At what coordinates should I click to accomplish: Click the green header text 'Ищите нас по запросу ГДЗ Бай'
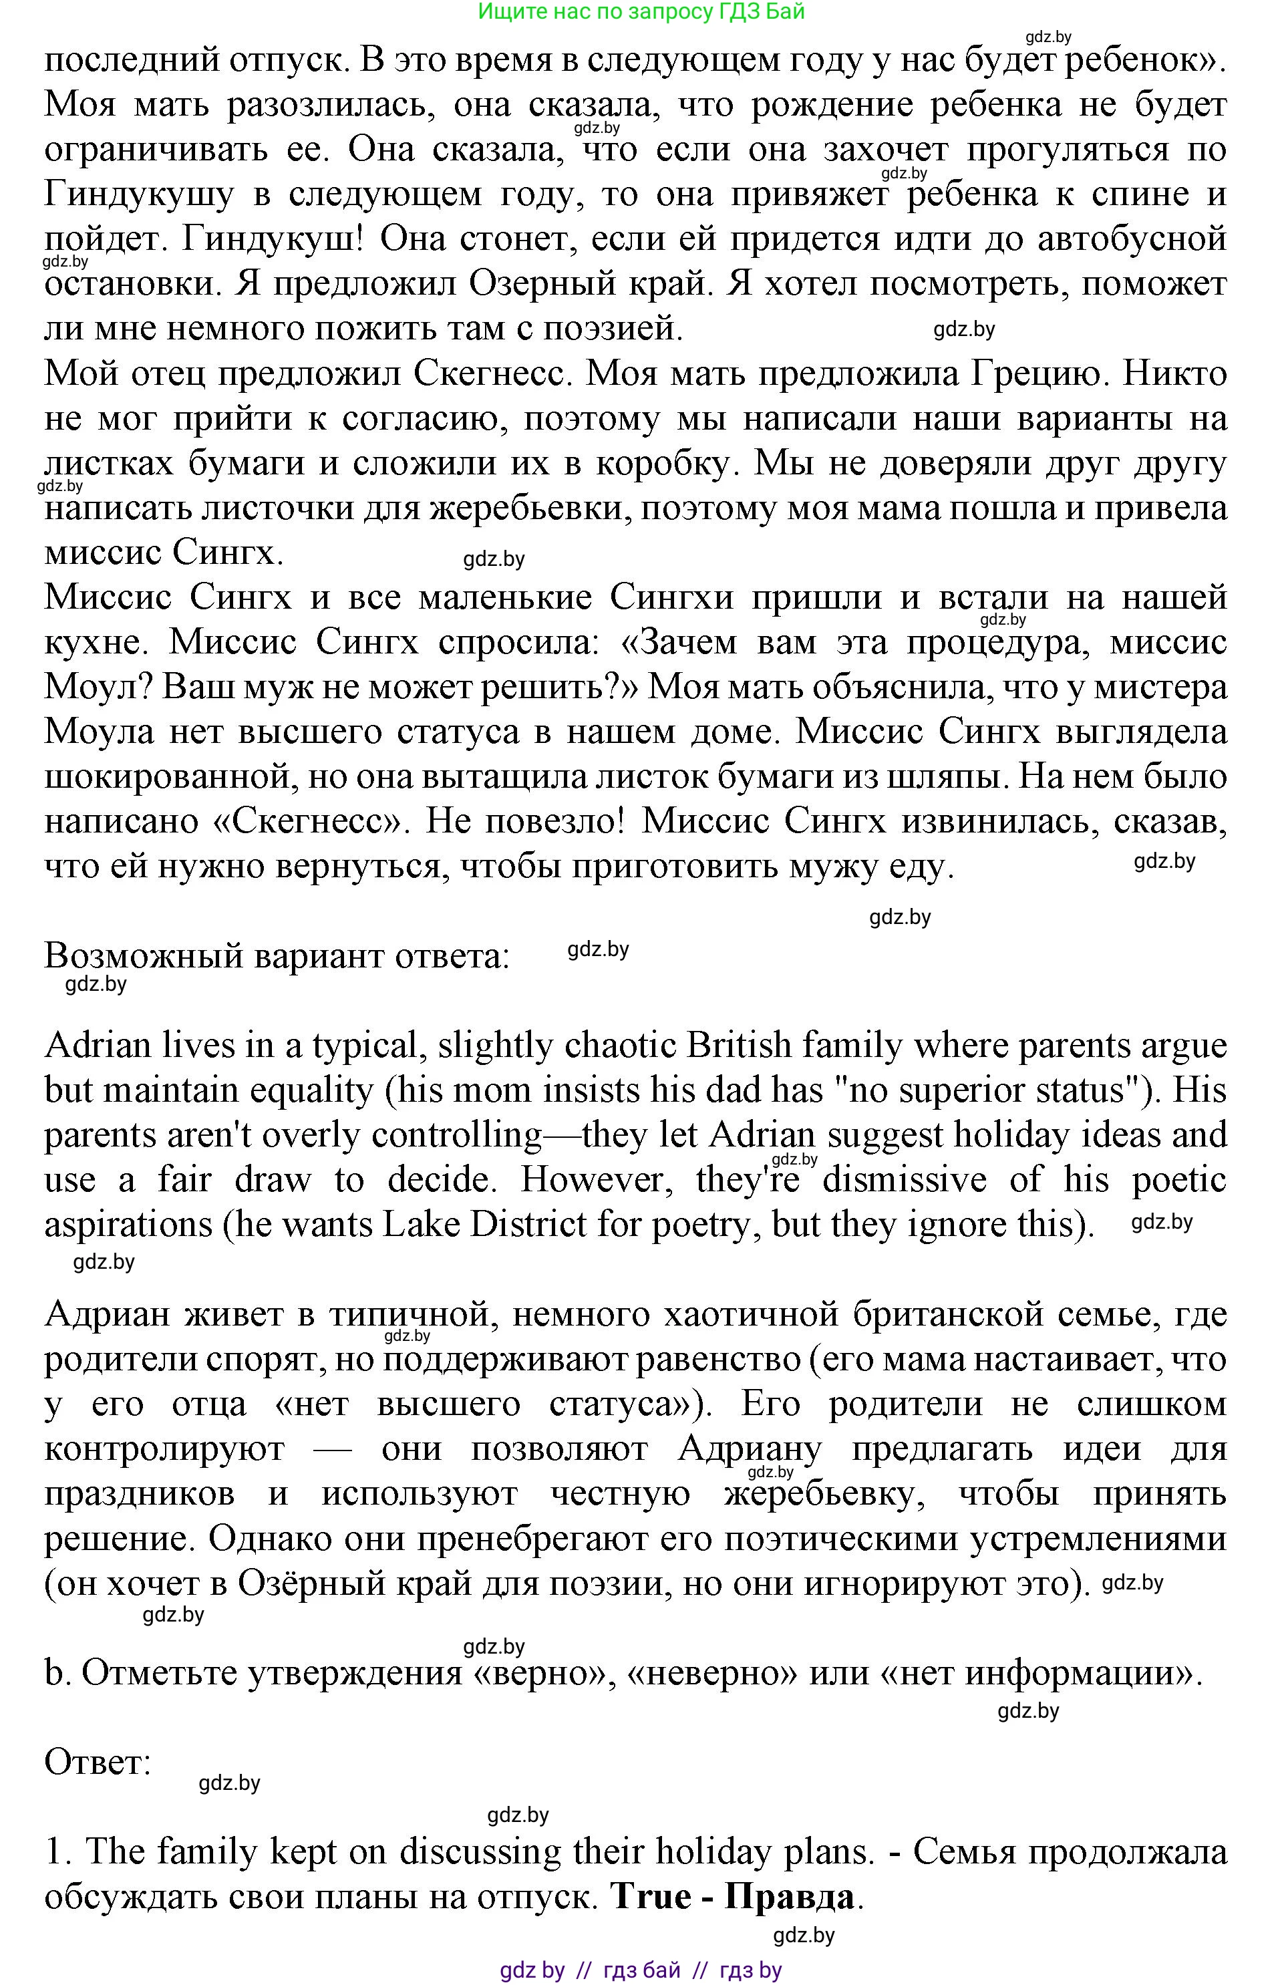tap(641, 11)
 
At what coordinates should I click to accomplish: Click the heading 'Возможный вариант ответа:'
tap(276, 955)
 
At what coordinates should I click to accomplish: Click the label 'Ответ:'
tap(98, 1763)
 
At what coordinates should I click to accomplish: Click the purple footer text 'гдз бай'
tap(641, 1971)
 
